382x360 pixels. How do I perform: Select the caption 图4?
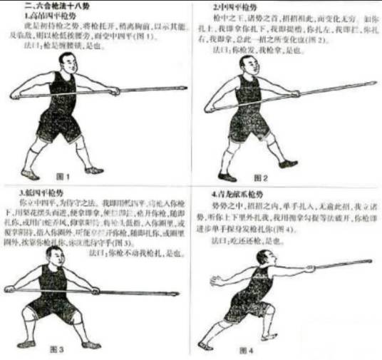click(247, 351)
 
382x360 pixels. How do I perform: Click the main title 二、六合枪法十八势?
click(54, 5)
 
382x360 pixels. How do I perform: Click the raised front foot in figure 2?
click(289, 163)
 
